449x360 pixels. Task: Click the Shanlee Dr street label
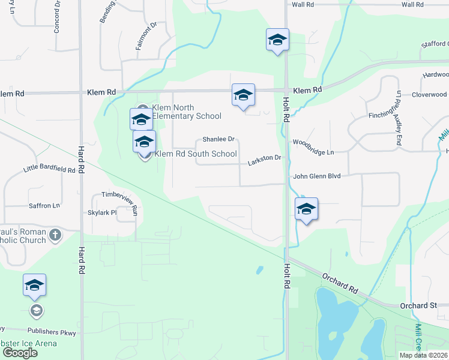pos(217,139)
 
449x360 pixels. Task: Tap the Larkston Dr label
pos(265,157)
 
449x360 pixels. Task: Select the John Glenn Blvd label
pos(316,176)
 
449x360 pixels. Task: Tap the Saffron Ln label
pos(44,205)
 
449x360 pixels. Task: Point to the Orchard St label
pos(418,305)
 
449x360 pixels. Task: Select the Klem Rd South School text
pos(196,154)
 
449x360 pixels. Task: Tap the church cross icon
pos(55,235)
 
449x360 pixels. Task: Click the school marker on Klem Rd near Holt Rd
pos(243,95)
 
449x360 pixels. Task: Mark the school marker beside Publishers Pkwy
pos(35,285)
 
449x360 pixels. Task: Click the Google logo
pos(20,352)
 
